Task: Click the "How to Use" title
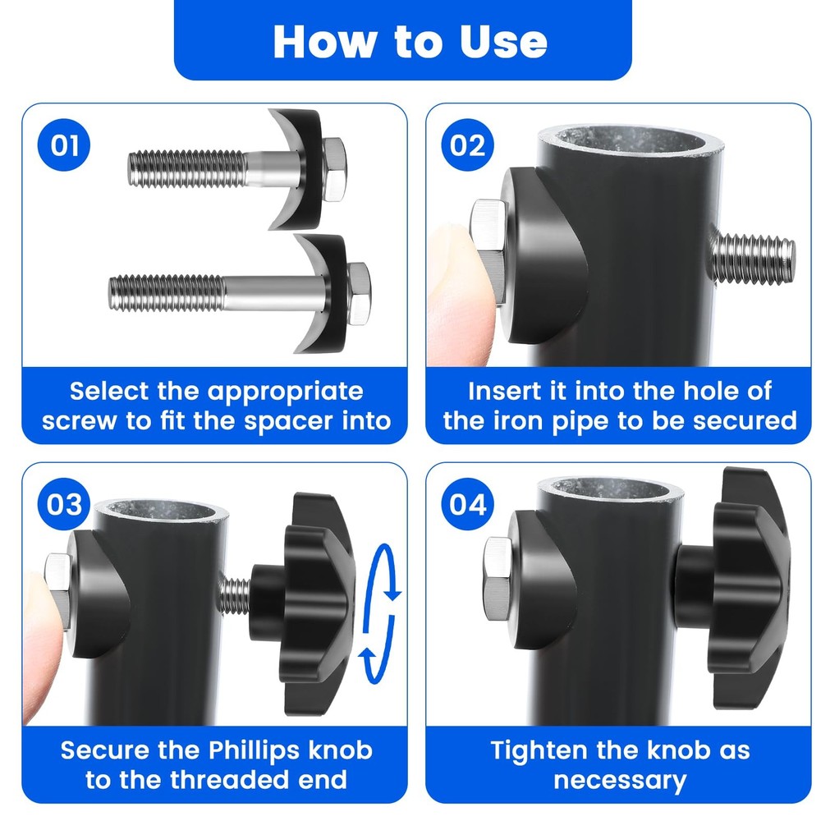pyautogui.click(x=410, y=41)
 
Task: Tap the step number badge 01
pyautogui.click(x=64, y=144)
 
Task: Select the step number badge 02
pyautogui.click(x=468, y=144)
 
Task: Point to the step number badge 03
pyautogui.click(x=64, y=504)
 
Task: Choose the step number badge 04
pyautogui.click(x=468, y=504)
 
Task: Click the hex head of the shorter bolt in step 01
pyautogui.click(x=333, y=170)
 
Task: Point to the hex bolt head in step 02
pyautogui.click(x=488, y=250)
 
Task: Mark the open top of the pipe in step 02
pyautogui.click(x=630, y=140)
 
